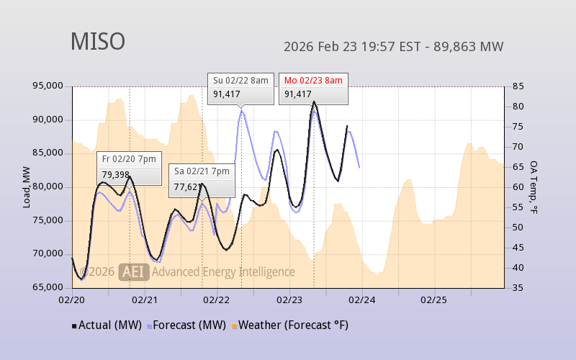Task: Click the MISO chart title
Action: click(97, 42)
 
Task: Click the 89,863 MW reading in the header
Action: click(471, 48)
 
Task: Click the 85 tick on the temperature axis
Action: click(517, 86)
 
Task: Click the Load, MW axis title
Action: click(27, 187)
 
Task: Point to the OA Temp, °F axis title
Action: click(534, 187)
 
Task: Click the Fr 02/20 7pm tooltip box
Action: click(129, 168)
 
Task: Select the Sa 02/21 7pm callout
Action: click(202, 179)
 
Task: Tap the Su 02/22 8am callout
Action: click(241, 87)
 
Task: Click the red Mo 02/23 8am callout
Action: click(313, 87)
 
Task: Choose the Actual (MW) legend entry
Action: click(107, 325)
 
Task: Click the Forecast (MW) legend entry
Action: click(186, 325)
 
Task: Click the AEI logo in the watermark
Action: click(135, 271)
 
